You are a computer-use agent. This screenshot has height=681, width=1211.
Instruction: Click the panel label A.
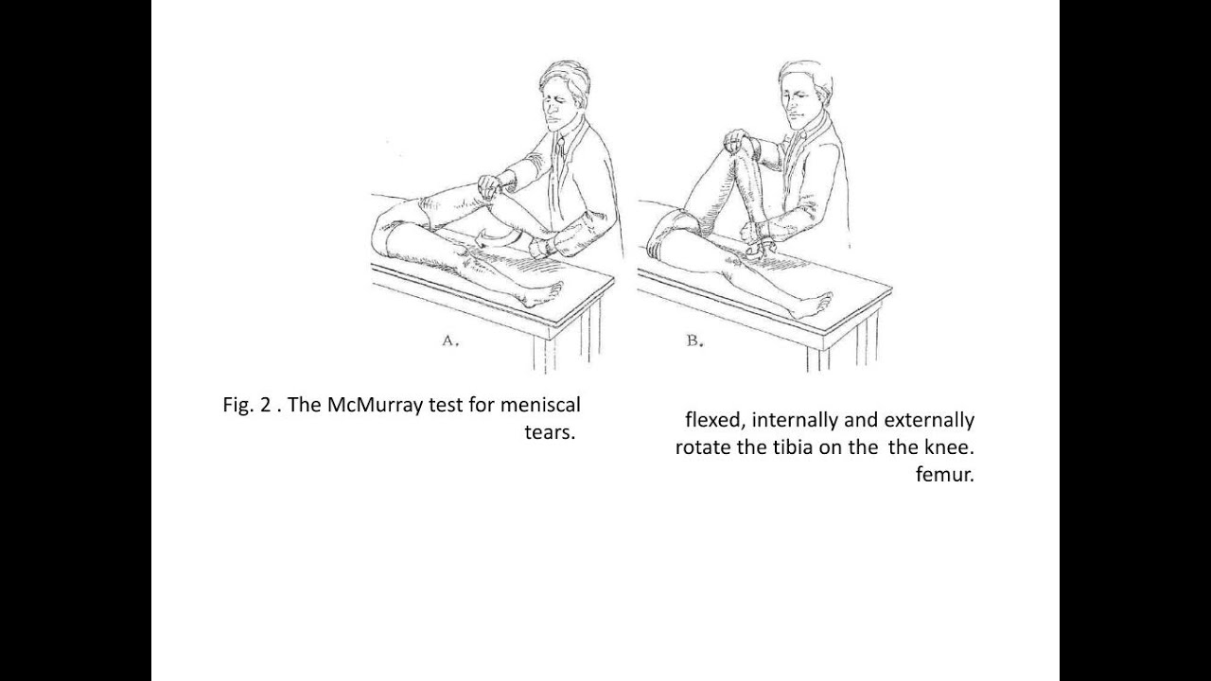pos(450,341)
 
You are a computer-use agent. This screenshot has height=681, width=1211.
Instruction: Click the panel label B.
pos(695,341)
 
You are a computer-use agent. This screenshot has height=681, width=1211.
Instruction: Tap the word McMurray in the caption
pos(375,406)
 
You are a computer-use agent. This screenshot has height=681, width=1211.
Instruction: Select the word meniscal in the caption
pos(540,405)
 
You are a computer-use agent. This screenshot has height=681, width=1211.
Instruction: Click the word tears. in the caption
pos(550,433)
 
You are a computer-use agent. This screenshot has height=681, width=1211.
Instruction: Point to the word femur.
pos(944,475)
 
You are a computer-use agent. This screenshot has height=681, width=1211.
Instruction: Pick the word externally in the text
pos(929,421)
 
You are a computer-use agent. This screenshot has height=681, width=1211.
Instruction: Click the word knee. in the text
pos(949,447)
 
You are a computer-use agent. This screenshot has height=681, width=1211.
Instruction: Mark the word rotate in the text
pos(703,447)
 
